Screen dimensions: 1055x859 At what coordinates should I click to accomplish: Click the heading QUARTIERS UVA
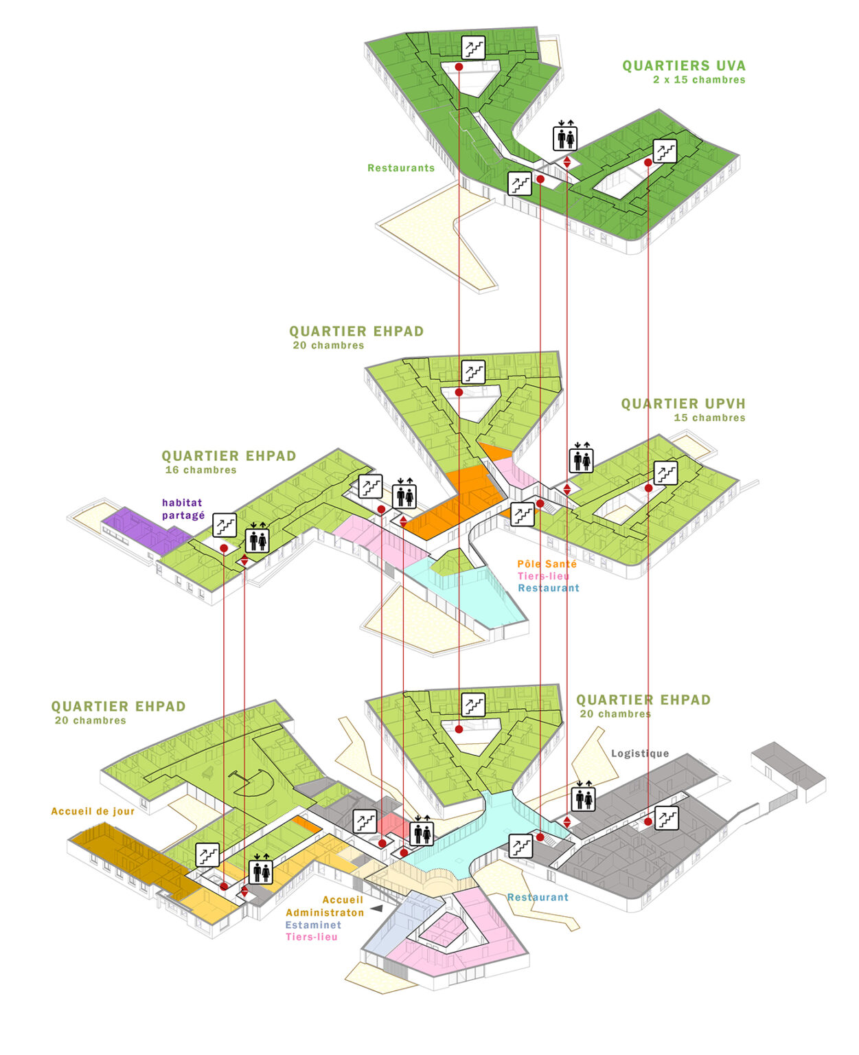tap(683, 66)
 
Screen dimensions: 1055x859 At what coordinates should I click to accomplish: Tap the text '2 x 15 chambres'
tap(699, 80)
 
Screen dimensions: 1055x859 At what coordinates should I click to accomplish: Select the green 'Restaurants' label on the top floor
tap(401, 168)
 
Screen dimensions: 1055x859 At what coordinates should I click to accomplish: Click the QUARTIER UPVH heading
tap(683, 404)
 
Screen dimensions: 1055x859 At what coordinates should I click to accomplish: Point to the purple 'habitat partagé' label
tap(183, 509)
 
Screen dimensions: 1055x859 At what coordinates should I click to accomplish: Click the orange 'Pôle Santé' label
tap(547, 564)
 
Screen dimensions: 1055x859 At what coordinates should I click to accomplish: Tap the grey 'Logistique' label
tap(640, 753)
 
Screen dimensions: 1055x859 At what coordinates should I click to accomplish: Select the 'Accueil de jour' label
tap(93, 811)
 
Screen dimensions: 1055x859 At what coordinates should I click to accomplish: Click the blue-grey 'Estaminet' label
tap(313, 925)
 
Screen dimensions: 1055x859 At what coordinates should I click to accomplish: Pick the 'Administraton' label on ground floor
tap(325, 913)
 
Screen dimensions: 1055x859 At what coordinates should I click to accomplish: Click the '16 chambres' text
tap(201, 470)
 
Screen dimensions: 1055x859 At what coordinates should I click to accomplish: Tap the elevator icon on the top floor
tap(566, 137)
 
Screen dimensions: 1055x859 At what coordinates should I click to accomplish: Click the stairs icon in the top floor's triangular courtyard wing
tap(473, 48)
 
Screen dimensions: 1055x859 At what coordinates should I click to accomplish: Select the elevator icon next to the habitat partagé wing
tap(258, 541)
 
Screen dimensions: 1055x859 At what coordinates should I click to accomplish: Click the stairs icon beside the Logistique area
tap(666, 817)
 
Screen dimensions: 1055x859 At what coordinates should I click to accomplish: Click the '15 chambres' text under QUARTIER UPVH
tap(709, 418)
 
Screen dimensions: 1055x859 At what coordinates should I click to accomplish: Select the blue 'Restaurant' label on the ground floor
tap(538, 897)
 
